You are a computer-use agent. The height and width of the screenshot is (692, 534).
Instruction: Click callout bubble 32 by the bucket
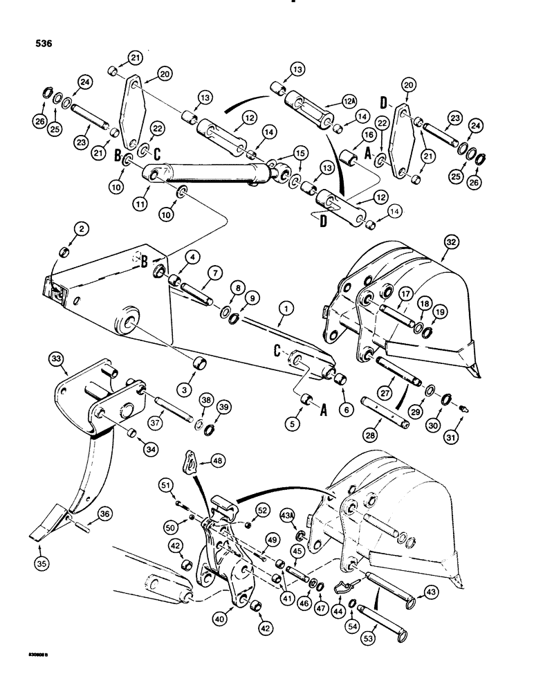(x=451, y=243)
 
